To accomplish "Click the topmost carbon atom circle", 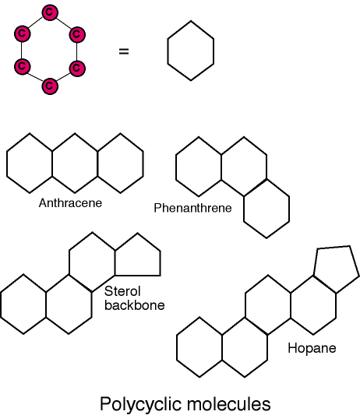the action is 50,12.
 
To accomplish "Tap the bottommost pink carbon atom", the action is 50,86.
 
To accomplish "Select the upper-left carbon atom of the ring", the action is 23,34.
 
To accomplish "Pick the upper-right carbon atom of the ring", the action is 77,34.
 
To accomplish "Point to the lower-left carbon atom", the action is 23,66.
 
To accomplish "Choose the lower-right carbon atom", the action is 77,68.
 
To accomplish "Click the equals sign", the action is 124,51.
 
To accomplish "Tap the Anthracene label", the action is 70,203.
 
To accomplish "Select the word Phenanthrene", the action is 192,208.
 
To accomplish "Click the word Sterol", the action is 122,291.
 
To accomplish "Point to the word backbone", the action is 135,305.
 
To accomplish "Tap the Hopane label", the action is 312,348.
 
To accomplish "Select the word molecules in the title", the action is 228,404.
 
